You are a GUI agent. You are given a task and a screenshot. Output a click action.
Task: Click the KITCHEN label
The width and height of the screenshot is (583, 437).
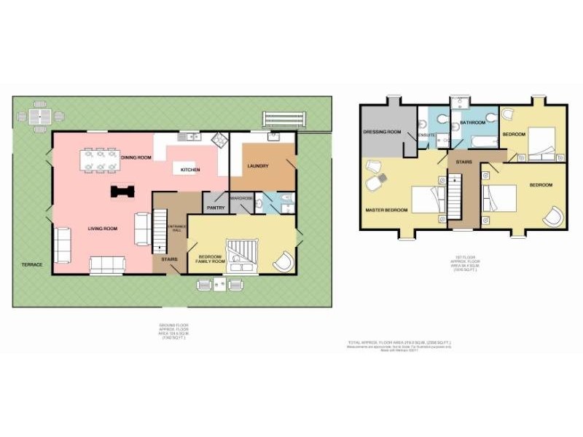tap(191, 170)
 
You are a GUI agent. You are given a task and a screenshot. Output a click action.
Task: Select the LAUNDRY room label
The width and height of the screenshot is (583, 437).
tap(258, 166)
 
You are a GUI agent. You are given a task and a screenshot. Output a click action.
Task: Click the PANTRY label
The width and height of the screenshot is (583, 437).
tap(216, 208)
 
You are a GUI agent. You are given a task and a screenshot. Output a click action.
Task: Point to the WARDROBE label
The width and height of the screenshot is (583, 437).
tap(241, 198)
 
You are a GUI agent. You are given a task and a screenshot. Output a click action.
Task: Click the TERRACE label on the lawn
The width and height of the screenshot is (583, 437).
tap(31, 264)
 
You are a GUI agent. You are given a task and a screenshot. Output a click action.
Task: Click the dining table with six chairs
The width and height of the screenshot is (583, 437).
tap(101, 162)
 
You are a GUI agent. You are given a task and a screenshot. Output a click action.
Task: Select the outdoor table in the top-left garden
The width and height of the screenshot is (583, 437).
tap(41, 116)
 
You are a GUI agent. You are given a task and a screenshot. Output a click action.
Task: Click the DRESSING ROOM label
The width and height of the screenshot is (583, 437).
tap(383, 132)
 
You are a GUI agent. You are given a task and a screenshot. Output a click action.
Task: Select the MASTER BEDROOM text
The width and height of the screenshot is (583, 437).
tap(386, 210)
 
